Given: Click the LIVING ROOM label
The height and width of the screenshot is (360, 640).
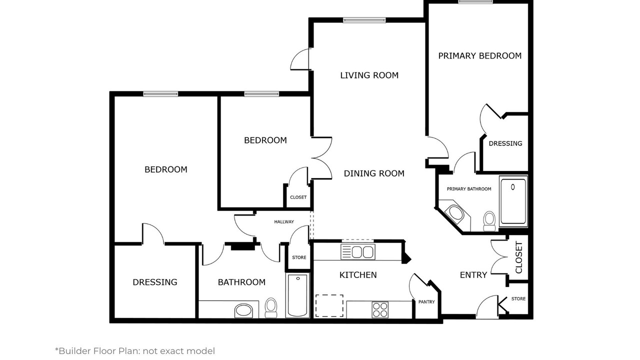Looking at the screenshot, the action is coord(369,75).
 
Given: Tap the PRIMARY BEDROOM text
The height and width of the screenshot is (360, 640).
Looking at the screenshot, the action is coord(479,55).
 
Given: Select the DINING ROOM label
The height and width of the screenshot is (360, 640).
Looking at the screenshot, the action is coord(374,173).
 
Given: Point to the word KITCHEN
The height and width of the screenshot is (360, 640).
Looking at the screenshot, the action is coord(358,275).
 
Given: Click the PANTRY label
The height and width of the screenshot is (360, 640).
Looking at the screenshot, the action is coord(426,301).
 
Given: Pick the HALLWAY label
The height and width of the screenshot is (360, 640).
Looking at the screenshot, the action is coord(284,221).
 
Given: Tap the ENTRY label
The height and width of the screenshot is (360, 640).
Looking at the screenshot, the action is coord(473,275).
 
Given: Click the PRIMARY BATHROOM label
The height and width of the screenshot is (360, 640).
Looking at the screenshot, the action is coord(469,189).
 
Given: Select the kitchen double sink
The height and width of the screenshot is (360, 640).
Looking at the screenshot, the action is coord(358,251).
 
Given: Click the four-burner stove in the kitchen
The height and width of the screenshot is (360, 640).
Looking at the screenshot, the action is coord(380,309).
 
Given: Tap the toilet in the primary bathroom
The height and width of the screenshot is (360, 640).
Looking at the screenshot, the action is coord(489,221).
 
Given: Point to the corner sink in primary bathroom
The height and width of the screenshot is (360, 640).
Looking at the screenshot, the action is coord(455,213).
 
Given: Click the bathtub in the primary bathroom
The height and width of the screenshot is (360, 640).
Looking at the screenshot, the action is coord(513,201).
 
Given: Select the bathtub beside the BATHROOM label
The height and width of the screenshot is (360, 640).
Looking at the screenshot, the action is coord(297,295).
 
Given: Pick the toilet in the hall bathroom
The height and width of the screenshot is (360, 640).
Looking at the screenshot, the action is coord(271,307).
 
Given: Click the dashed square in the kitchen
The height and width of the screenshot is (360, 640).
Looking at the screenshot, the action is coord(329,305).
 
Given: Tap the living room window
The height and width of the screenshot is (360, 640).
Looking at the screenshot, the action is coord(364,20).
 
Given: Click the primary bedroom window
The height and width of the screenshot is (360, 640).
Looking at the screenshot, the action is coord(475,2).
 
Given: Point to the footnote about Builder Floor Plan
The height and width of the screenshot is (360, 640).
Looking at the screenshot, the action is coord(135,351).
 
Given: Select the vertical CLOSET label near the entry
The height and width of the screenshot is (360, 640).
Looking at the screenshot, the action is coord(519,257).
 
